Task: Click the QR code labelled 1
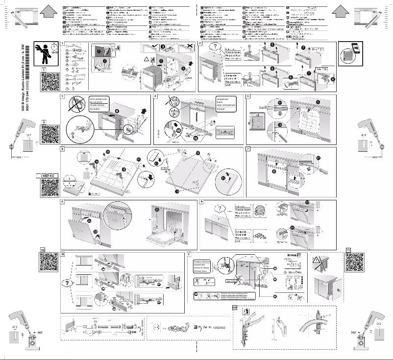[49, 83]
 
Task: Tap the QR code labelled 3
[49, 134]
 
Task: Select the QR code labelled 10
[49, 263]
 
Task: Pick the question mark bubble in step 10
[65, 283]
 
